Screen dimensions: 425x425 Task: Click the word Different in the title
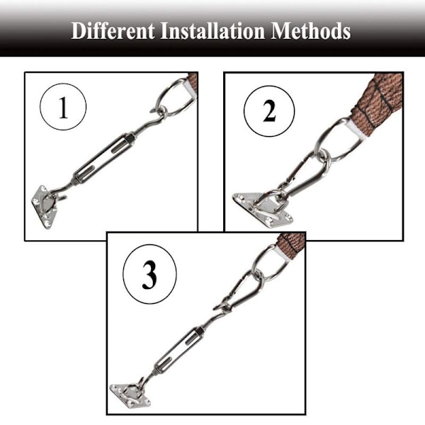[x=113, y=31]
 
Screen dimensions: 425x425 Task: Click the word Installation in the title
[x=212, y=30]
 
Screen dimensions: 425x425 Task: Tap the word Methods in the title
[x=311, y=30]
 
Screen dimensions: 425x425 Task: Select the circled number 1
[x=63, y=107]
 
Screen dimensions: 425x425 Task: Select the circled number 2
[x=269, y=111]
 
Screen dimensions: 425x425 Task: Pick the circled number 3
[x=149, y=274]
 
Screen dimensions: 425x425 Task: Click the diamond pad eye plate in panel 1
[x=44, y=207]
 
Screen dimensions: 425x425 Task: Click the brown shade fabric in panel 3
[x=291, y=243]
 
